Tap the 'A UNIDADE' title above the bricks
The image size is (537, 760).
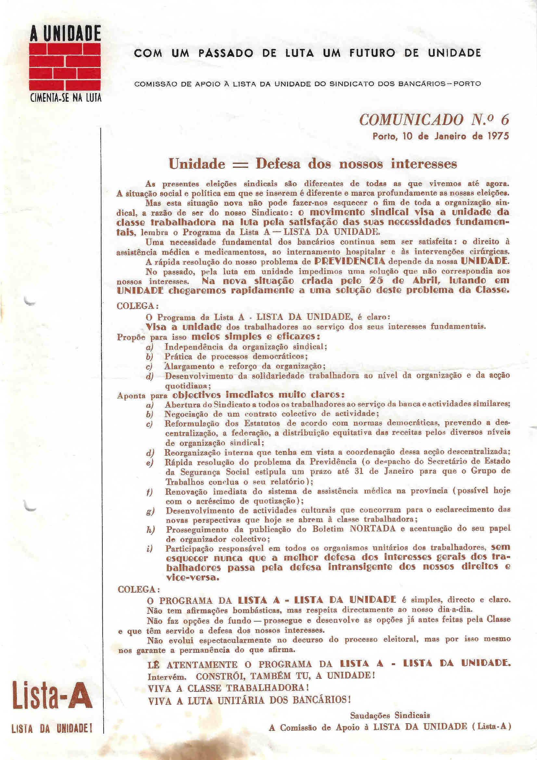(65, 34)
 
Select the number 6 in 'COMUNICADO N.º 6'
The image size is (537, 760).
(505, 120)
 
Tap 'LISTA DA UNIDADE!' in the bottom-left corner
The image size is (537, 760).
(52, 728)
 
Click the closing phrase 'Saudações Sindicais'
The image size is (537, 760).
(390, 716)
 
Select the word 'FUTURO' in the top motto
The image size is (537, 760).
(372, 53)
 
